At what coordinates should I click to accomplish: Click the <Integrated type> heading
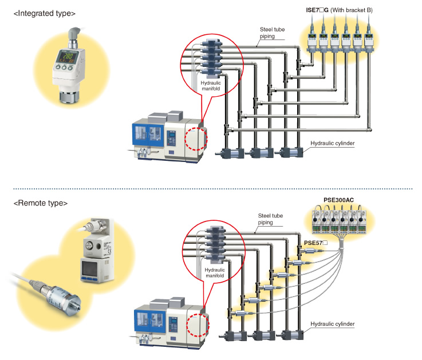click(44, 12)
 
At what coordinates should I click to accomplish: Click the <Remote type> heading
click(40, 203)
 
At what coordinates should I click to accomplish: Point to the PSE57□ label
click(315, 243)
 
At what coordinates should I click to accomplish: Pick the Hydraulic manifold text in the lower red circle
click(213, 272)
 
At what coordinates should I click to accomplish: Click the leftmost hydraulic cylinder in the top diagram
click(232, 153)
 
